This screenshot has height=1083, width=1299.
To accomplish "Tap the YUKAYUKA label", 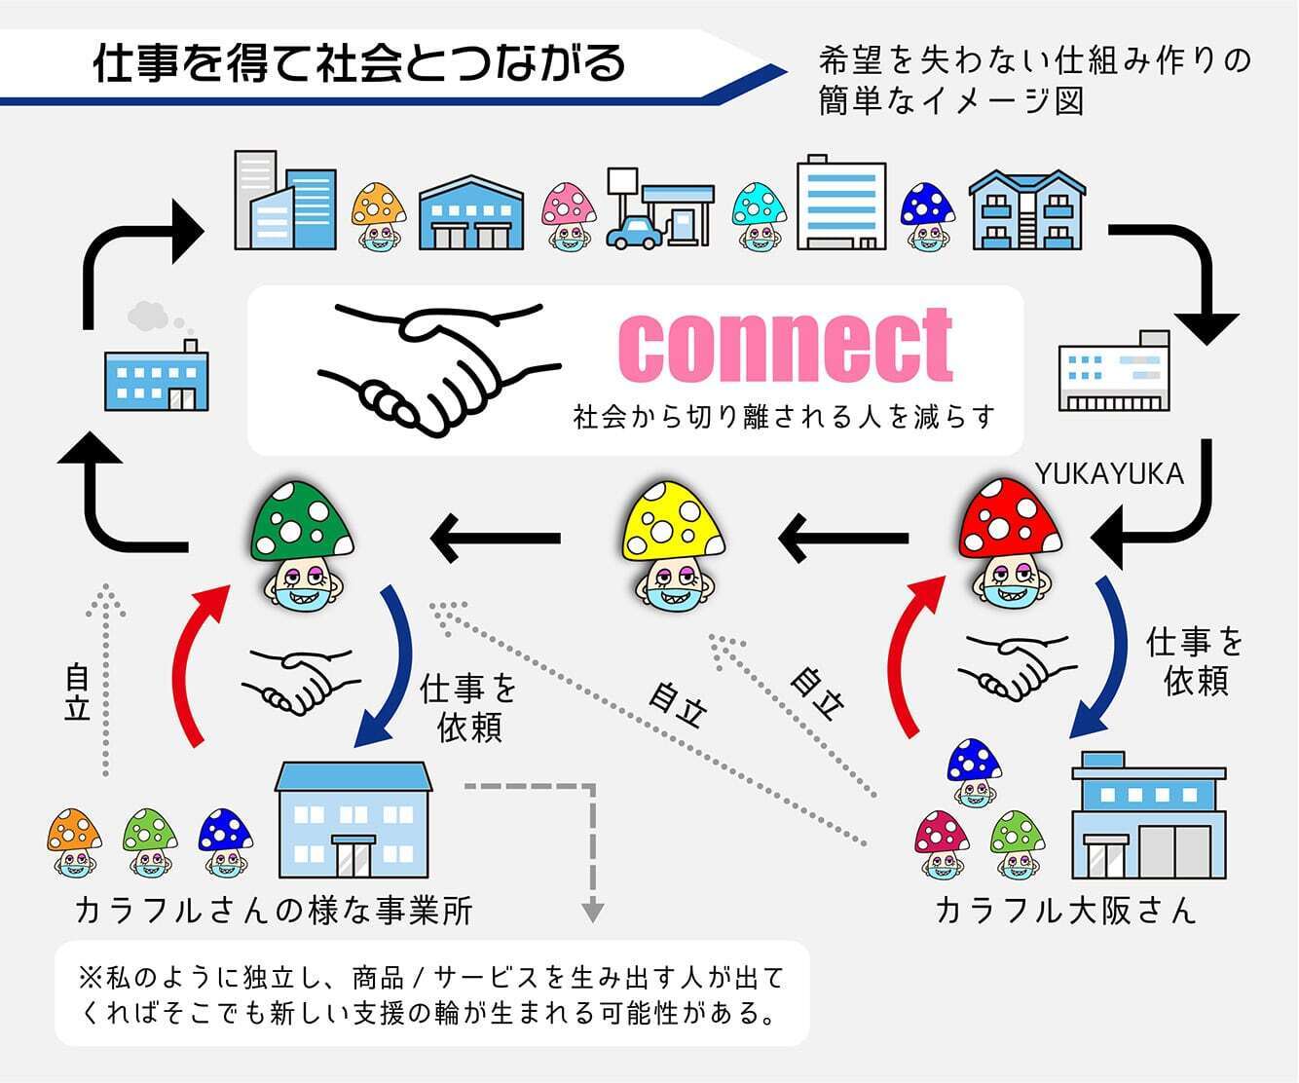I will [x=1109, y=473].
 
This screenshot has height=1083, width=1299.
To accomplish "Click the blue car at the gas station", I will [x=633, y=232].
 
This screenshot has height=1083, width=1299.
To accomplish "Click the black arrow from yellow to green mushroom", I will [x=495, y=538].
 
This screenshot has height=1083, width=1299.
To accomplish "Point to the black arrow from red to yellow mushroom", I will [x=841, y=538].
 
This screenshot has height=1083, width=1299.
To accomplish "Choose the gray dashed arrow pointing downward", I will [x=590, y=857].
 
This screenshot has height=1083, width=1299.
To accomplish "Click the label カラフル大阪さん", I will [x=1064, y=911].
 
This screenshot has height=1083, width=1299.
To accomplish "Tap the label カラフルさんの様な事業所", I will [x=274, y=911].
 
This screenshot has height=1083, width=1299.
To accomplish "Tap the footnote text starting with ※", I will [x=430, y=994].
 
